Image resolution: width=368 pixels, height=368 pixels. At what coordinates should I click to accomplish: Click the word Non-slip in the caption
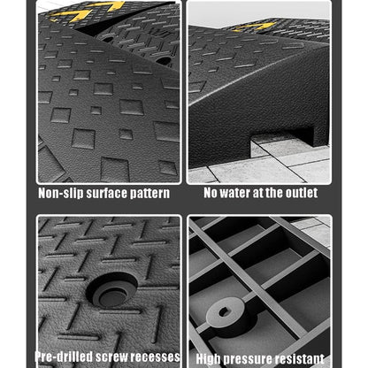60,193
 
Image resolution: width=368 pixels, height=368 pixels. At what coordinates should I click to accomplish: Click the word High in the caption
212,359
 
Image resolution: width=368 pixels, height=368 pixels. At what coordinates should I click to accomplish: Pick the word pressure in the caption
254,359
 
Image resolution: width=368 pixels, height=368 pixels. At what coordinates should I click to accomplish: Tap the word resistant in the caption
302,359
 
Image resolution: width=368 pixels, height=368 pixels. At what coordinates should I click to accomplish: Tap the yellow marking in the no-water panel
256,27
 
